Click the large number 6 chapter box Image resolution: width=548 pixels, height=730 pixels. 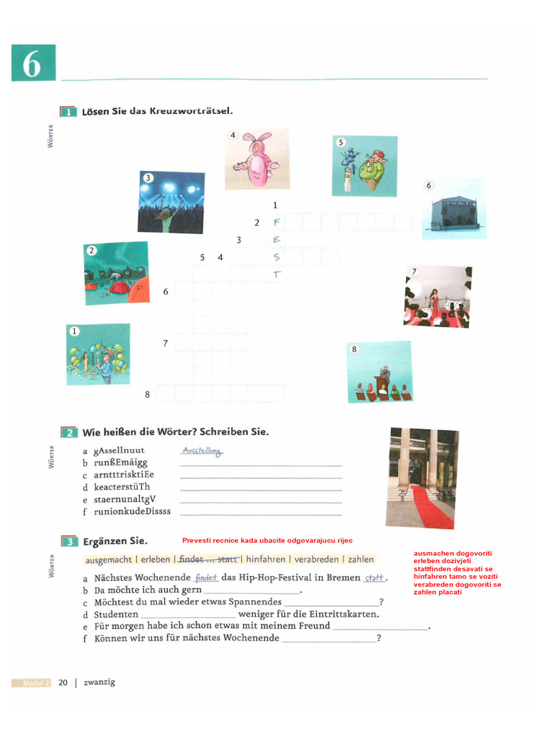[33, 63]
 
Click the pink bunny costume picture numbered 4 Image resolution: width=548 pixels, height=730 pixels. [257, 159]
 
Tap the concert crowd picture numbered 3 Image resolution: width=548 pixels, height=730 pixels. [171, 202]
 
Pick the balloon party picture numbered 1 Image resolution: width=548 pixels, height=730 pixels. [98, 354]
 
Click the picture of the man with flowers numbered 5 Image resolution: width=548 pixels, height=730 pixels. [364, 166]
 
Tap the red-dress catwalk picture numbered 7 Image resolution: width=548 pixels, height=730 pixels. [437, 297]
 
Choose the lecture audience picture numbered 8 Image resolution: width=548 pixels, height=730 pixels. [379, 372]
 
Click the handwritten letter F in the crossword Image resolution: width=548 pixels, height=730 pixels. [276, 222]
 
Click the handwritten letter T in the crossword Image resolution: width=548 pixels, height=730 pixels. [276, 274]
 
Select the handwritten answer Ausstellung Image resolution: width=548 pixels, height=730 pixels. [203, 451]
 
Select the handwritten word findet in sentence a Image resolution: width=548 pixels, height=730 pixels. [205, 578]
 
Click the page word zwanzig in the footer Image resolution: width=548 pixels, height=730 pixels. [99, 682]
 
